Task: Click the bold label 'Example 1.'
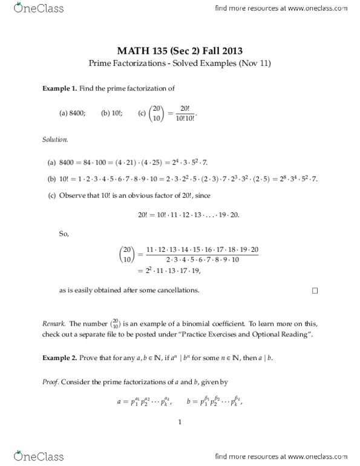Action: click(x=59, y=88)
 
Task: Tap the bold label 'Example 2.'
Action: click(x=59, y=358)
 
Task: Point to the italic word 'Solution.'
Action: click(x=55, y=139)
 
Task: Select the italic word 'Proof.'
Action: click(x=50, y=382)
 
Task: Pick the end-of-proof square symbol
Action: click(x=315, y=290)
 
